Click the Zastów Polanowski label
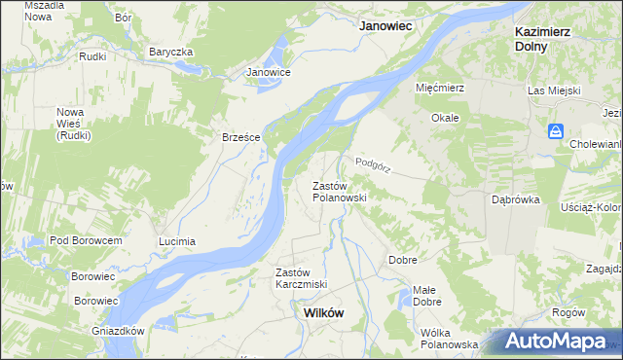tap(339, 191)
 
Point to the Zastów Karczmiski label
tap(301, 278)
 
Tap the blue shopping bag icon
tap(555, 130)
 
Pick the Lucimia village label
tap(177, 241)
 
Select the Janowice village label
tap(269, 72)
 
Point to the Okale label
tap(445, 118)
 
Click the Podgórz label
tap(373, 165)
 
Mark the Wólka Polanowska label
tap(449, 344)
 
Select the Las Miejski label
tap(554, 90)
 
